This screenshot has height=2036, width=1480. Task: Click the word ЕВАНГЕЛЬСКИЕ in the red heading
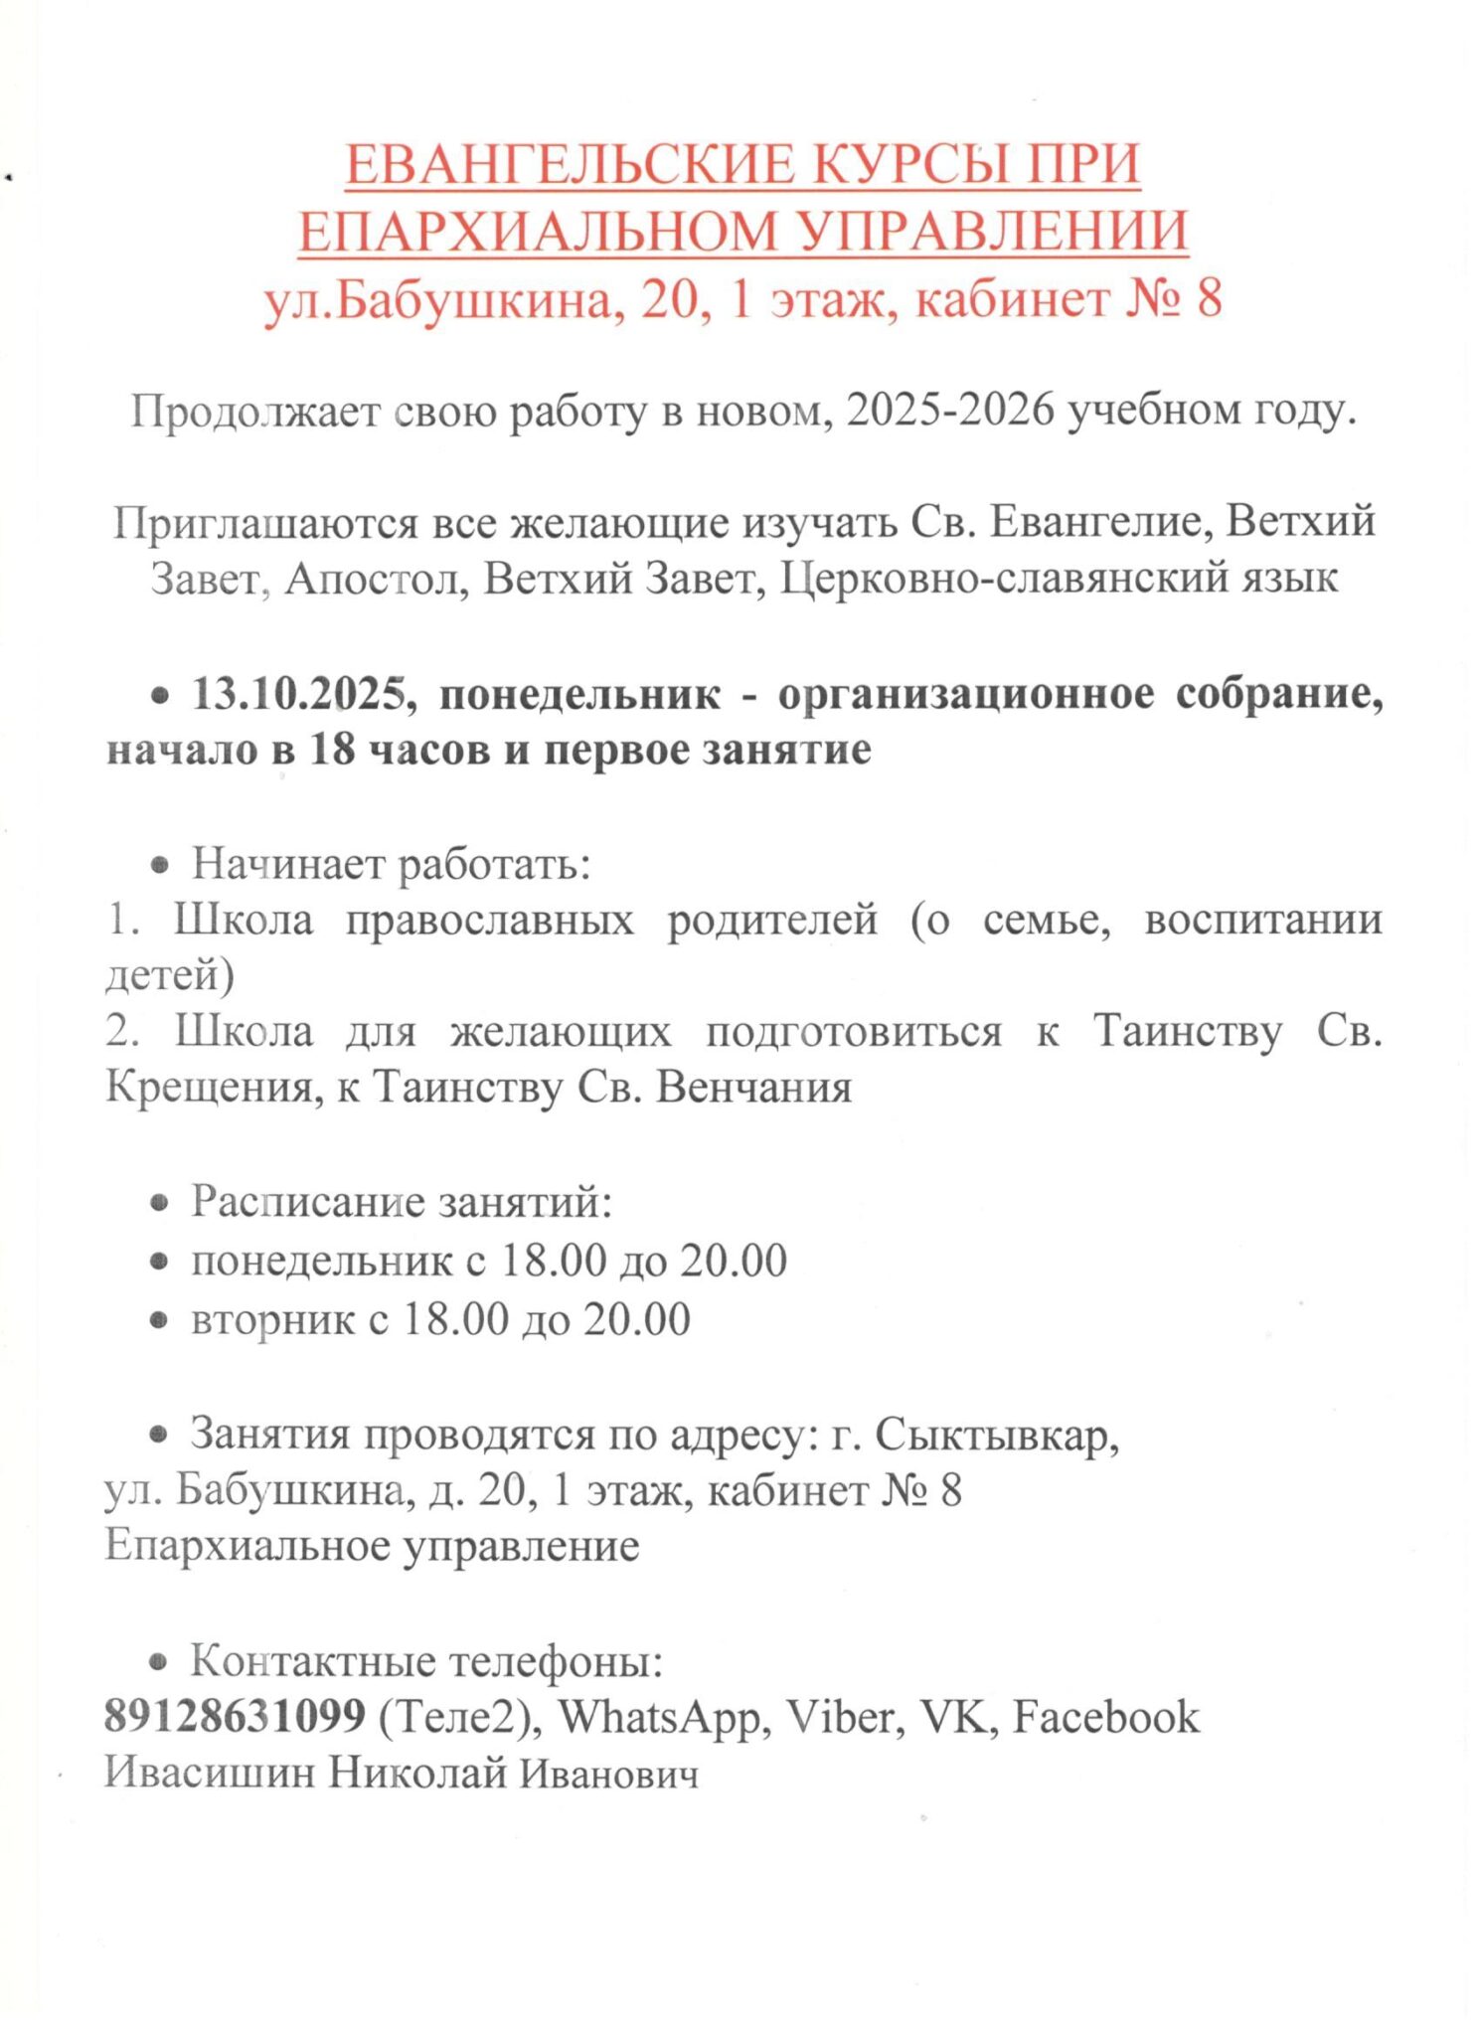[570, 164]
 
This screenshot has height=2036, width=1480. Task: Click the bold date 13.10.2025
[298, 693]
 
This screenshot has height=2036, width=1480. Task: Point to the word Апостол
[376, 578]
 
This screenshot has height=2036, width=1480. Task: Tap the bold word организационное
[966, 693]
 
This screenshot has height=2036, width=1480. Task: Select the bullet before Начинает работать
[159, 865]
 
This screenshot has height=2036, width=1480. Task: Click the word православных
[489, 919]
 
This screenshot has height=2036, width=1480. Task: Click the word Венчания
[754, 1087]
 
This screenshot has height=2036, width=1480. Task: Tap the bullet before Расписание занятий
[159, 1203]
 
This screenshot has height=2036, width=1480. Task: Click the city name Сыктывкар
[997, 1435]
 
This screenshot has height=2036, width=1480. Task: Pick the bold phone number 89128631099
[235, 1717]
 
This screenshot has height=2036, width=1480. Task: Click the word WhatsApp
[660, 1717]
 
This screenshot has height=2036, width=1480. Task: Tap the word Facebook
[1106, 1717]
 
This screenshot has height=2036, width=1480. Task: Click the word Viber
[845, 1717]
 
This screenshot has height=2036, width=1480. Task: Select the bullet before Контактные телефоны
[158, 1661]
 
